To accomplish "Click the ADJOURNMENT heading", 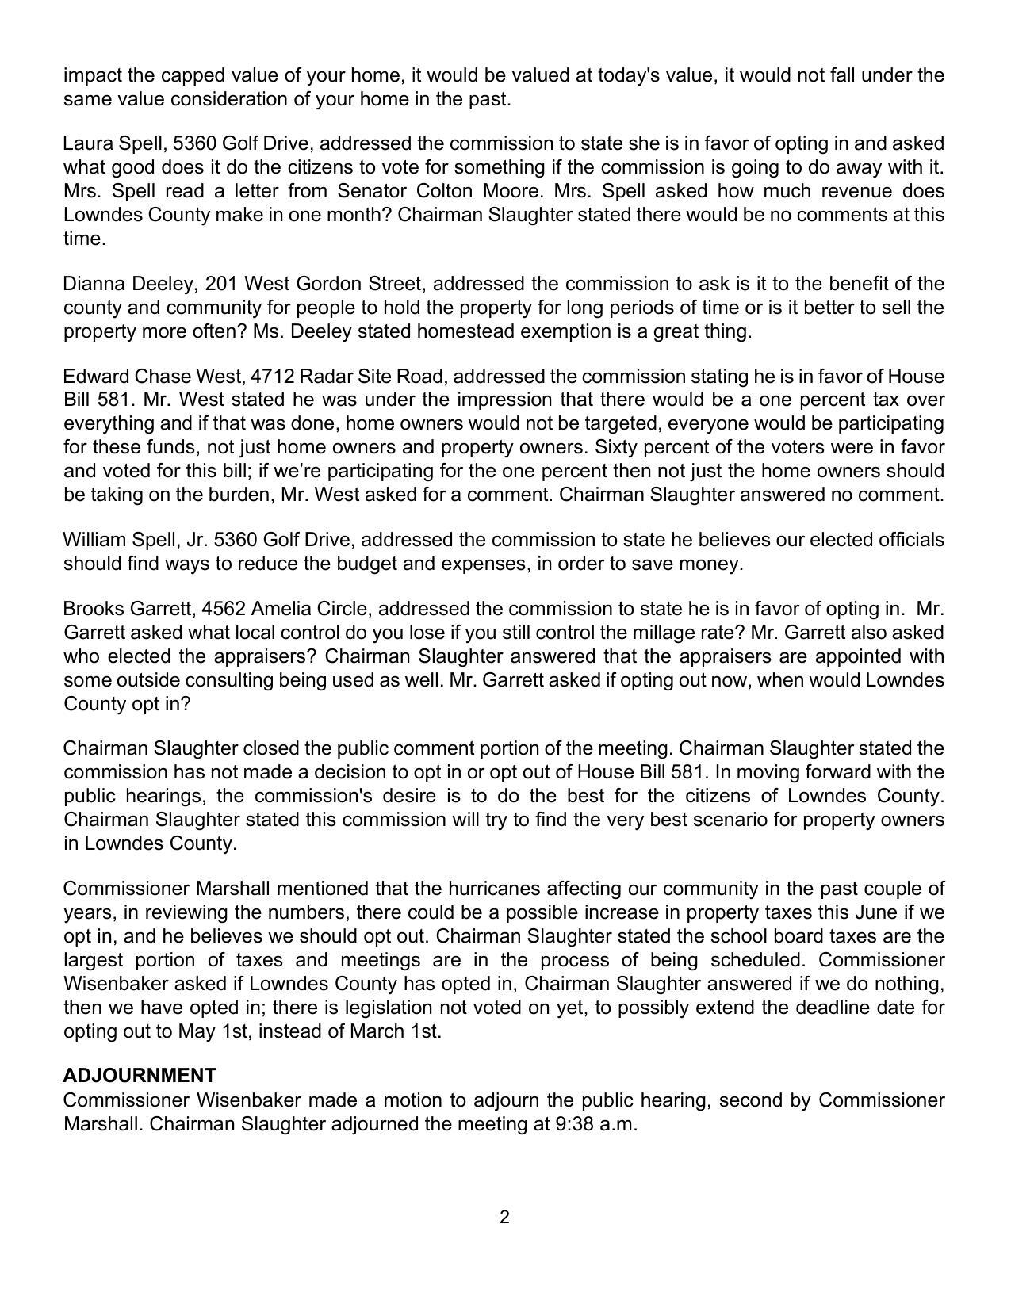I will coord(140,1076).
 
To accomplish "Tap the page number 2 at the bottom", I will coord(504,1217).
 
